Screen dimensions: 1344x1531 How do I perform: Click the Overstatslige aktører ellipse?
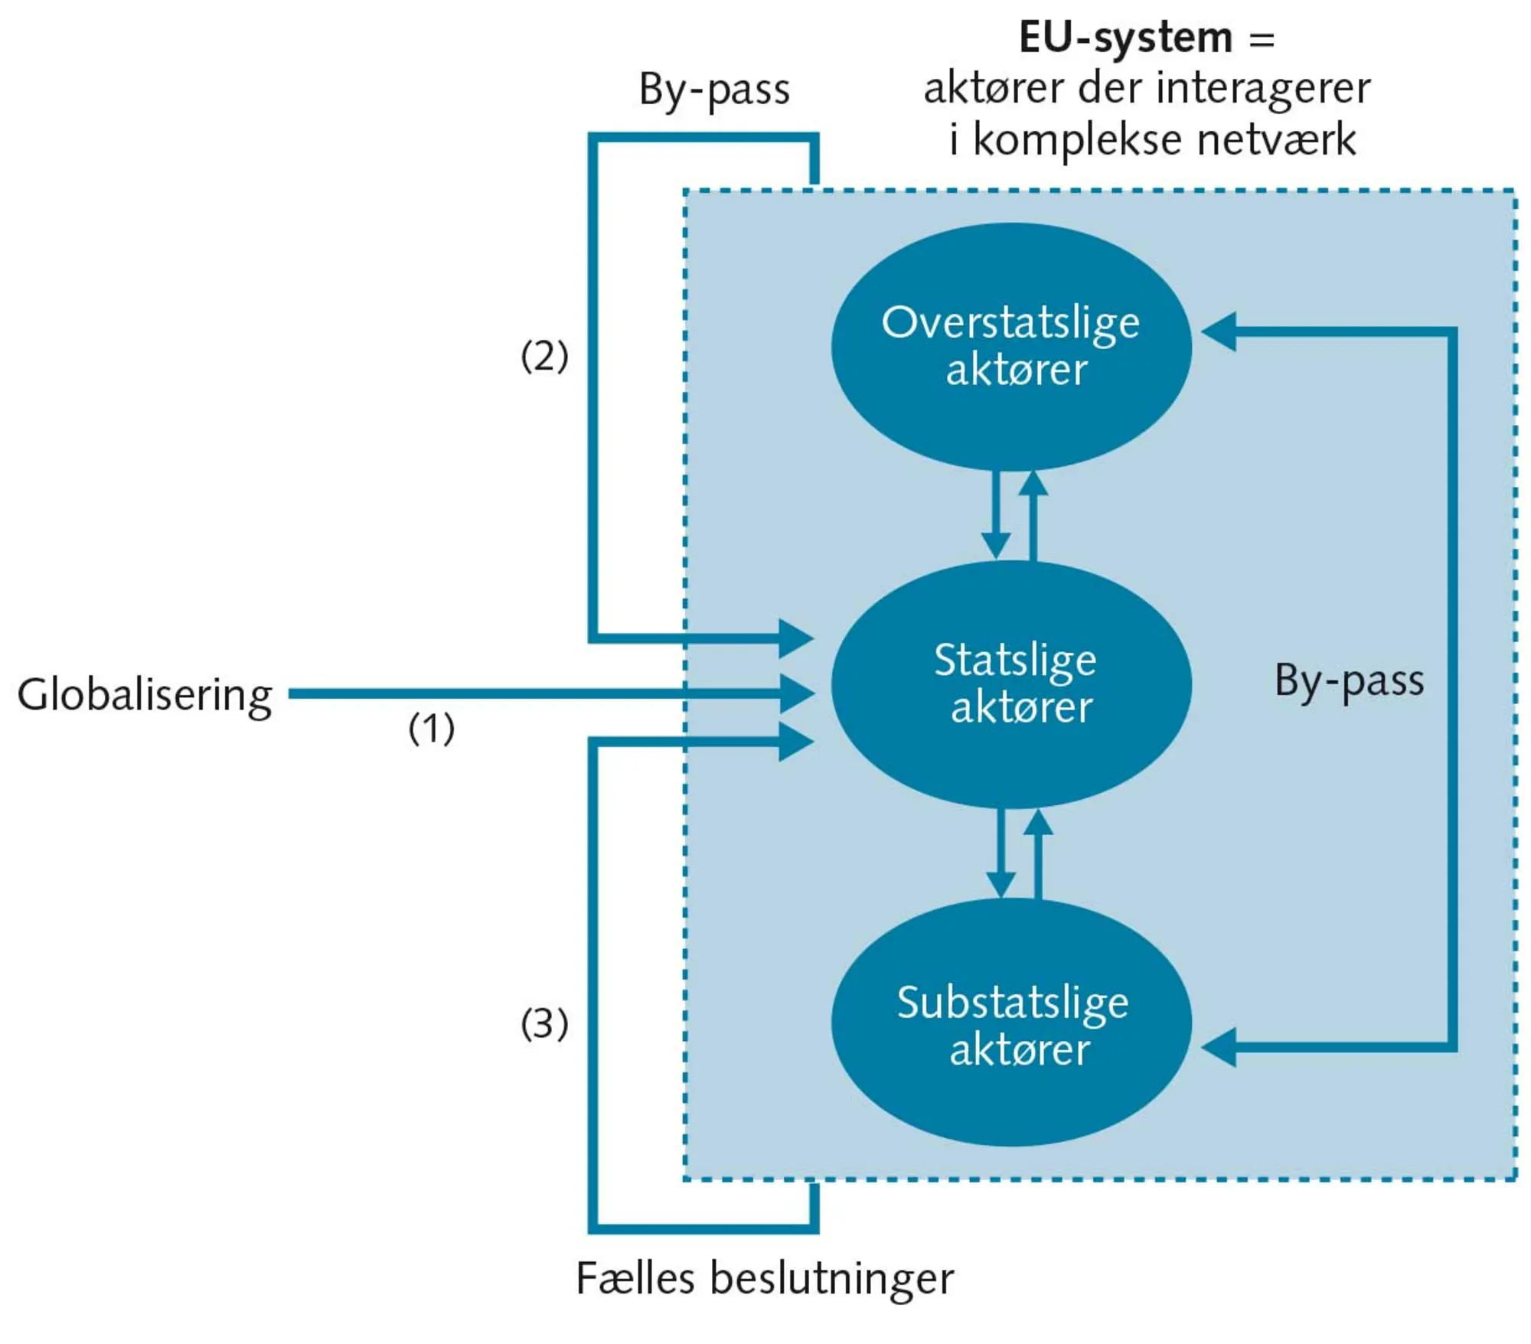point(1010,346)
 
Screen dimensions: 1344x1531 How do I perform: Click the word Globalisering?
point(145,695)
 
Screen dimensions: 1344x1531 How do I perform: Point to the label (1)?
point(431,728)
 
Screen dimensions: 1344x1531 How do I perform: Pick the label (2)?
point(544,356)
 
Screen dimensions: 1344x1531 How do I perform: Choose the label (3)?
point(544,1023)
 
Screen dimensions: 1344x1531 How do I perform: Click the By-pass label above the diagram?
point(713,90)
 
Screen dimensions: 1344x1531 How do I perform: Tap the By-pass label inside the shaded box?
point(1349,680)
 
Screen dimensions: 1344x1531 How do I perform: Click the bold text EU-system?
point(1125,38)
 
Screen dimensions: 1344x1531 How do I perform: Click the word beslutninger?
point(831,1279)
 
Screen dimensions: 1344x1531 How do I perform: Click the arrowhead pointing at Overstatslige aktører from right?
point(1219,331)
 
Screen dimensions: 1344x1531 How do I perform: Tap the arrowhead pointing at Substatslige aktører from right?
point(1219,1047)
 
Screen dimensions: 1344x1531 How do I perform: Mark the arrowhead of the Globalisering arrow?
point(796,694)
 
